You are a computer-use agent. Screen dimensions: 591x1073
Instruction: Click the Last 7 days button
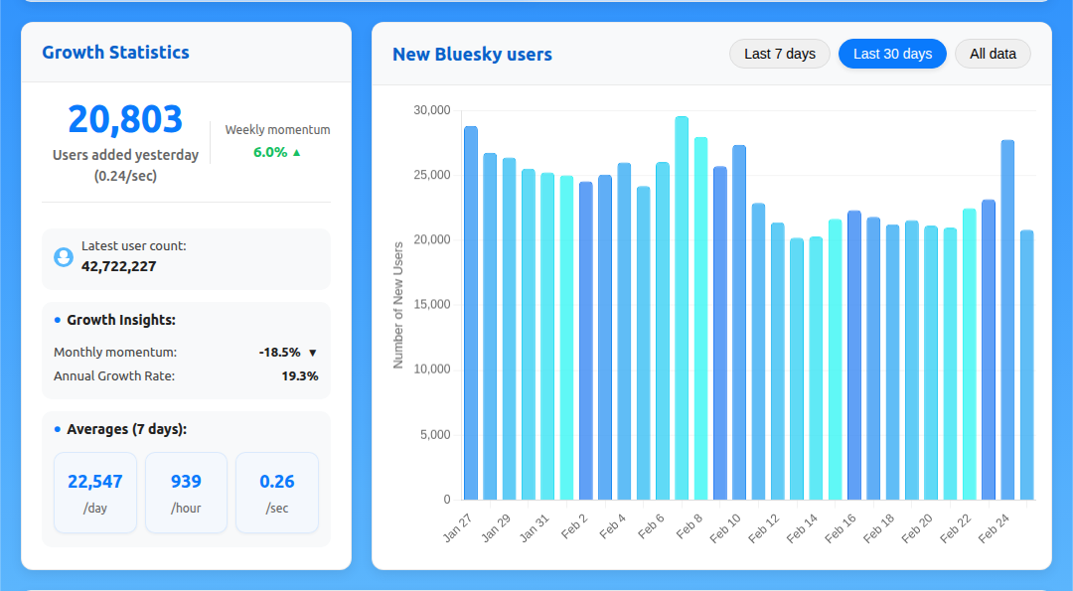[779, 54]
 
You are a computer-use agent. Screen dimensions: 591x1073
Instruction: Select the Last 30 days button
[892, 54]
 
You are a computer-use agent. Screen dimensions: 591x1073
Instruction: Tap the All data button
[993, 54]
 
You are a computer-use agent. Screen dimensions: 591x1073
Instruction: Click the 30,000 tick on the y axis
[432, 110]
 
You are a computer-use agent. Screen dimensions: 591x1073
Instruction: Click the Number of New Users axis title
[398, 305]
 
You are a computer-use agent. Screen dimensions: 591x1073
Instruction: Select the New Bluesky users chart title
[472, 55]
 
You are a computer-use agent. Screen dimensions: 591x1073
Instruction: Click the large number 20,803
[125, 119]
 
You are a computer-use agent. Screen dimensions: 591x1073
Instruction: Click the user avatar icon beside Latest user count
[64, 257]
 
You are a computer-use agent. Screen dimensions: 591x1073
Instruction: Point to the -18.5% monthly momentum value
[279, 352]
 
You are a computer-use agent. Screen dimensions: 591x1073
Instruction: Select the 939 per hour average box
[186, 493]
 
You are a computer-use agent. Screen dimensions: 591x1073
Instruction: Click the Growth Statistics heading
[115, 53]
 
